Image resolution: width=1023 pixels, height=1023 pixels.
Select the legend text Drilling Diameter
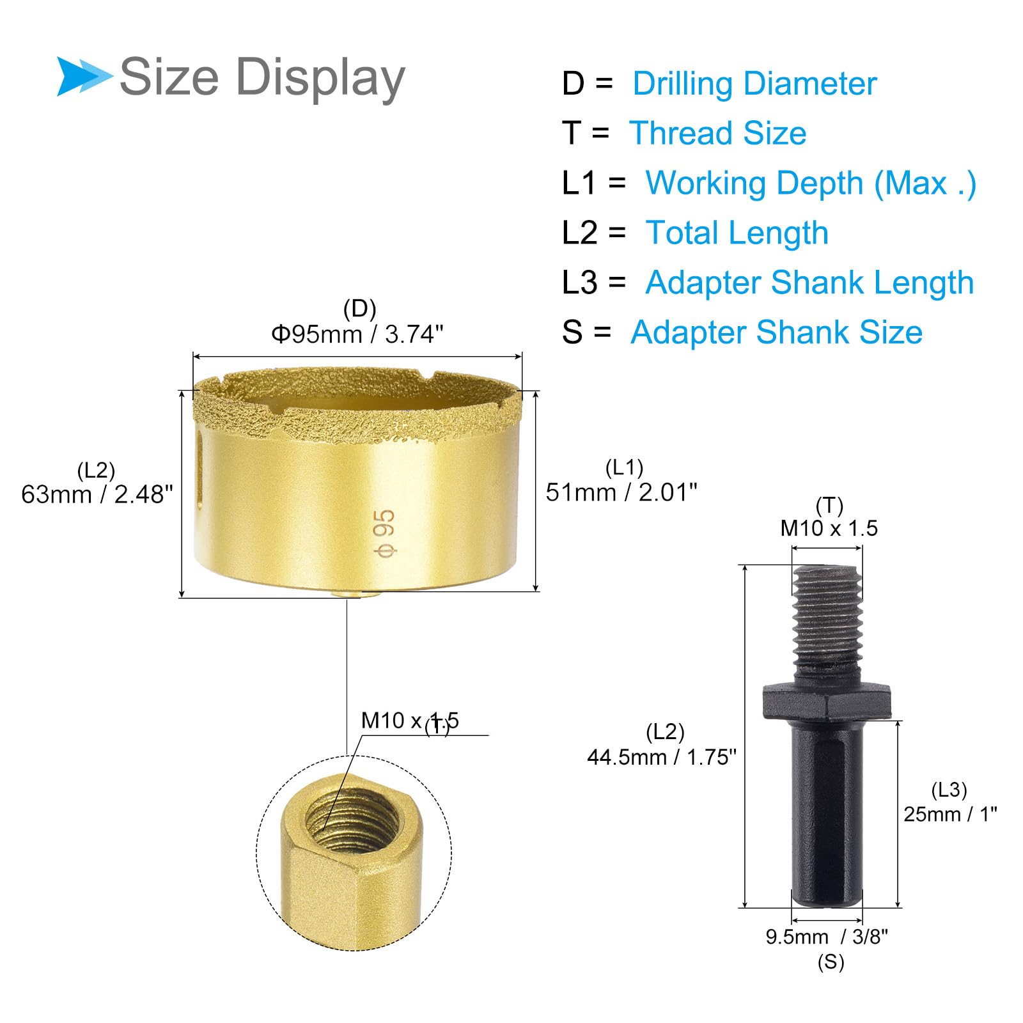click(x=754, y=84)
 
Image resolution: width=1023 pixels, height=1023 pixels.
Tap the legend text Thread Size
click(x=718, y=133)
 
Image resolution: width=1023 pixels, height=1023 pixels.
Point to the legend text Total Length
click(x=737, y=233)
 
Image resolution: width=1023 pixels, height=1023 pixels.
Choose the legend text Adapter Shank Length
click(x=809, y=283)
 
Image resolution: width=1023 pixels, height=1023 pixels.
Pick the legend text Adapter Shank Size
click(x=776, y=332)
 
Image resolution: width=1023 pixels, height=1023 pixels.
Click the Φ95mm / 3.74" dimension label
click(x=357, y=334)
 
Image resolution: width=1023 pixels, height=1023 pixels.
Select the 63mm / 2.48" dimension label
click(x=97, y=494)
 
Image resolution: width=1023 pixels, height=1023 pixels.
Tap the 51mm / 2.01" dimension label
click(x=621, y=492)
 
